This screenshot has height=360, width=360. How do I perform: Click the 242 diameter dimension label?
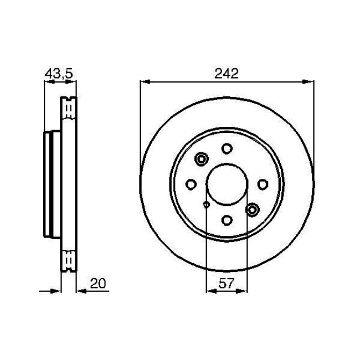pos(227,73)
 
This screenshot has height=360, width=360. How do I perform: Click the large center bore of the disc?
pos(227,184)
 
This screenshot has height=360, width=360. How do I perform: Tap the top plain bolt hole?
pos(227,148)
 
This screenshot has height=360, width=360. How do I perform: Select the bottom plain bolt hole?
pos(227,220)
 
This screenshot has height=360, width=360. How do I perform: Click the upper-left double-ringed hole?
pos(200,160)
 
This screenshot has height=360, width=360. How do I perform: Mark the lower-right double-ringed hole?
pos(253,209)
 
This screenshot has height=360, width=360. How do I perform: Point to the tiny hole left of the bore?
pos(206,205)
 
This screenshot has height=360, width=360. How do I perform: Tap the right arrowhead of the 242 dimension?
pos(308,82)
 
